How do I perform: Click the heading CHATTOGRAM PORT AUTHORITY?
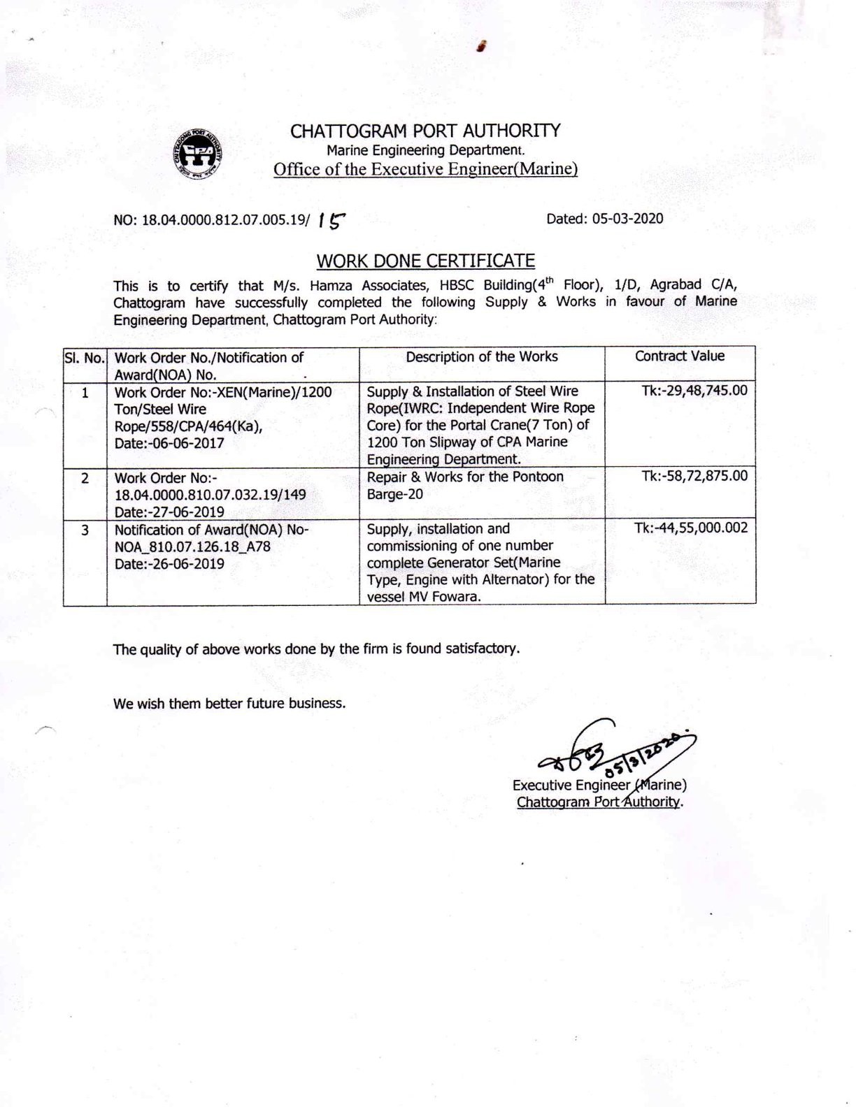point(425,131)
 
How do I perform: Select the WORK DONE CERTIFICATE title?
point(425,261)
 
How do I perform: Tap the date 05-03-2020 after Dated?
point(627,219)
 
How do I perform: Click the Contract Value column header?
point(679,356)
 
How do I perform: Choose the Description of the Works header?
point(481,356)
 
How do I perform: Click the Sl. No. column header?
point(85,357)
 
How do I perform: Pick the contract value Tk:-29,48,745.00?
point(694,390)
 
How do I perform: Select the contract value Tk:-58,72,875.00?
point(694,476)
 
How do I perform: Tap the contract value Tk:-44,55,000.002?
point(691,528)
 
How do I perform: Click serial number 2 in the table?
point(85,478)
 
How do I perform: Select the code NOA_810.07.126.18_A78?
point(192,547)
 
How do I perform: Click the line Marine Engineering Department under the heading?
point(425,150)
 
